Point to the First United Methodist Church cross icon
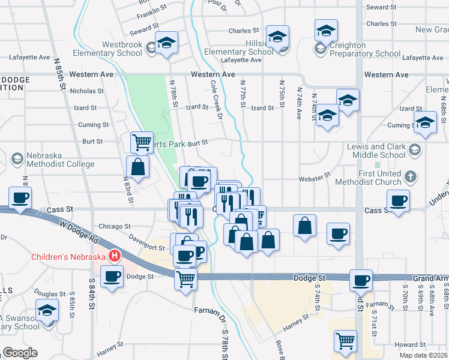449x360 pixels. coord(410,177)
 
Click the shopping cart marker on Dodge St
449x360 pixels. coord(185,278)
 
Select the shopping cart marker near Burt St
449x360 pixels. coord(142,143)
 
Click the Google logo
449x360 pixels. coord(20,353)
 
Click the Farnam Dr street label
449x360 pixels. coord(208,310)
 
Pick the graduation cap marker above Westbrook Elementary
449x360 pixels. coord(166,42)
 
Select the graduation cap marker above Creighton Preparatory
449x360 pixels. coord(326,30)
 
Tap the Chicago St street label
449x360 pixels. coord(114,227)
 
